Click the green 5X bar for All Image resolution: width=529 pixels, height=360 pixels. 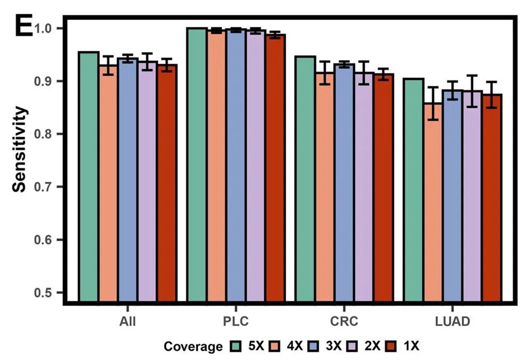click(x=89, y=176)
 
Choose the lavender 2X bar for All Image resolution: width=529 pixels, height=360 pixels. click(x=147, y=181)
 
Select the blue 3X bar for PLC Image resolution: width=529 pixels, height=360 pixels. click(x=236, y=165)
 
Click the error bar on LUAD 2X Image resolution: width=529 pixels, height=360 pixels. click(x=472, y=91)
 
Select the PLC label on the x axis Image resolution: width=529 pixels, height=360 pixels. click(x=236, y=322)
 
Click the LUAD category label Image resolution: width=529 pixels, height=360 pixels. click(x=452, y=322)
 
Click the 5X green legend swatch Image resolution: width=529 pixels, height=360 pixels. click(x=237, y=346)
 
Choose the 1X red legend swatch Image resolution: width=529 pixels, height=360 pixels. click(x=394, y=346)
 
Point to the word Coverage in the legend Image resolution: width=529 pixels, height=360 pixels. click(x=193, y=347)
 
